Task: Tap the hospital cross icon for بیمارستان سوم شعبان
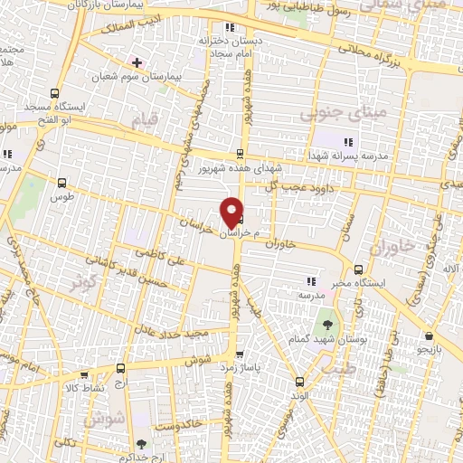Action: click(137, 62)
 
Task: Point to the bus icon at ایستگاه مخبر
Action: click(359, 269)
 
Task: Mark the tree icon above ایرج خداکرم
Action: click(140, 443)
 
